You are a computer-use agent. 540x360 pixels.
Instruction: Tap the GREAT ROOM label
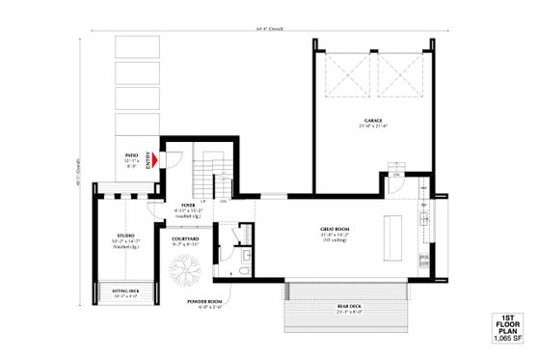[x=337, y=228]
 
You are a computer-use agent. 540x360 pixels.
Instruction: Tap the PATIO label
[x=132, y=154]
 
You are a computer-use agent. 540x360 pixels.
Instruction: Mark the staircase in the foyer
[x=206, y=174]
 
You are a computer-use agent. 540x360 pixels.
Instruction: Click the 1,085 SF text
[x=508, y=339]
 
